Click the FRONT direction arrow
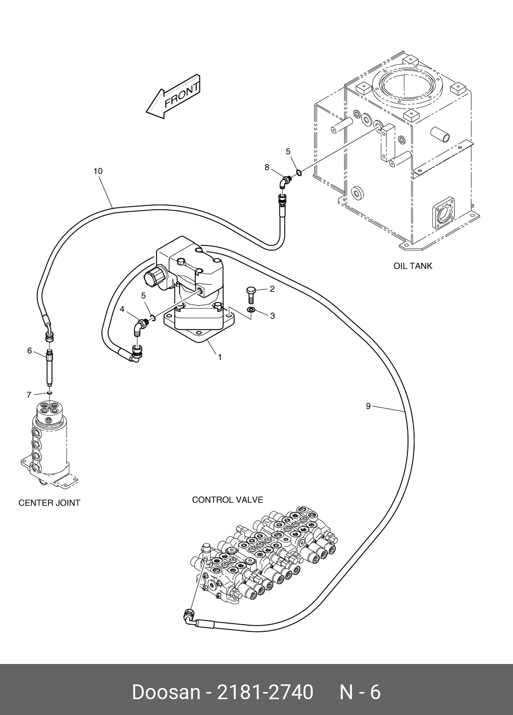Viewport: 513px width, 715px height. point(173,97)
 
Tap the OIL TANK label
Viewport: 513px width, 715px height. point(413,266)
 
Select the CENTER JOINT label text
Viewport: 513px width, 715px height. point(49,503)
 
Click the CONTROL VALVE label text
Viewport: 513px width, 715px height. point(227,500)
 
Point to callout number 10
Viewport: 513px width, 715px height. point(98,171)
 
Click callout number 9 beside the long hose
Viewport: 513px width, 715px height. point(368,406)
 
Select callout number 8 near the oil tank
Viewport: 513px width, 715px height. point(267,167)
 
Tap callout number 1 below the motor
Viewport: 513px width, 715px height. point(220,357)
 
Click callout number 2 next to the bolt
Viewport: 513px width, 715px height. point(272,289)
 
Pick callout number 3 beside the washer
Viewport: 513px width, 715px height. point(272,316)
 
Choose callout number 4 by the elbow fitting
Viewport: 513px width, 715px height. point(122,309)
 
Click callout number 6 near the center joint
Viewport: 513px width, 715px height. point(30,351)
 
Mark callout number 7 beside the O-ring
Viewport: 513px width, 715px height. point(29,394)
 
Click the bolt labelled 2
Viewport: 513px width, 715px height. point(250,294)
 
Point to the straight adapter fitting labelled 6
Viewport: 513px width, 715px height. point(49,367)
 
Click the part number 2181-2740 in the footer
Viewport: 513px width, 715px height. point(265,693)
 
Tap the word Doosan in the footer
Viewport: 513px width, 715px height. point(166,693)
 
